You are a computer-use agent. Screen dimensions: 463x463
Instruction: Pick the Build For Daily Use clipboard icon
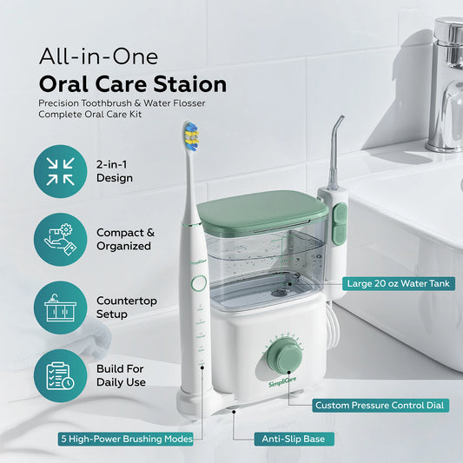60,374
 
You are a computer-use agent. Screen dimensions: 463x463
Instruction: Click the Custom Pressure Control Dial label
380,405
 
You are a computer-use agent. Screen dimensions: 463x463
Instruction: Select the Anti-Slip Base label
293,439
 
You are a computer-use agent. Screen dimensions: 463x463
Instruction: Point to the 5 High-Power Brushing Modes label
127,439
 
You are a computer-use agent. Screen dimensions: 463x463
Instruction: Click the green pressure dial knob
285,357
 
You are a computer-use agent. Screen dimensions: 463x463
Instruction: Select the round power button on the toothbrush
198,283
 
